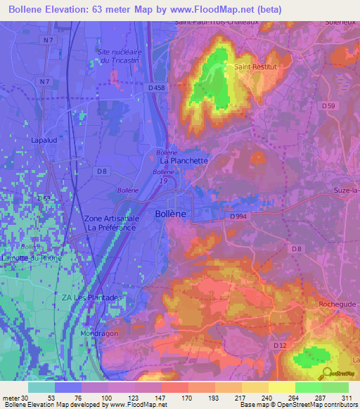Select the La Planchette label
click(184, 160)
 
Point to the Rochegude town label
click(337, 304)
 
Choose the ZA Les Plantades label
click(93, 298)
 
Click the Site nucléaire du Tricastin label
click(121, 56)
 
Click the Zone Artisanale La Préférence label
click(111, 223)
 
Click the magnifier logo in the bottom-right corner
click(326, 375)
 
